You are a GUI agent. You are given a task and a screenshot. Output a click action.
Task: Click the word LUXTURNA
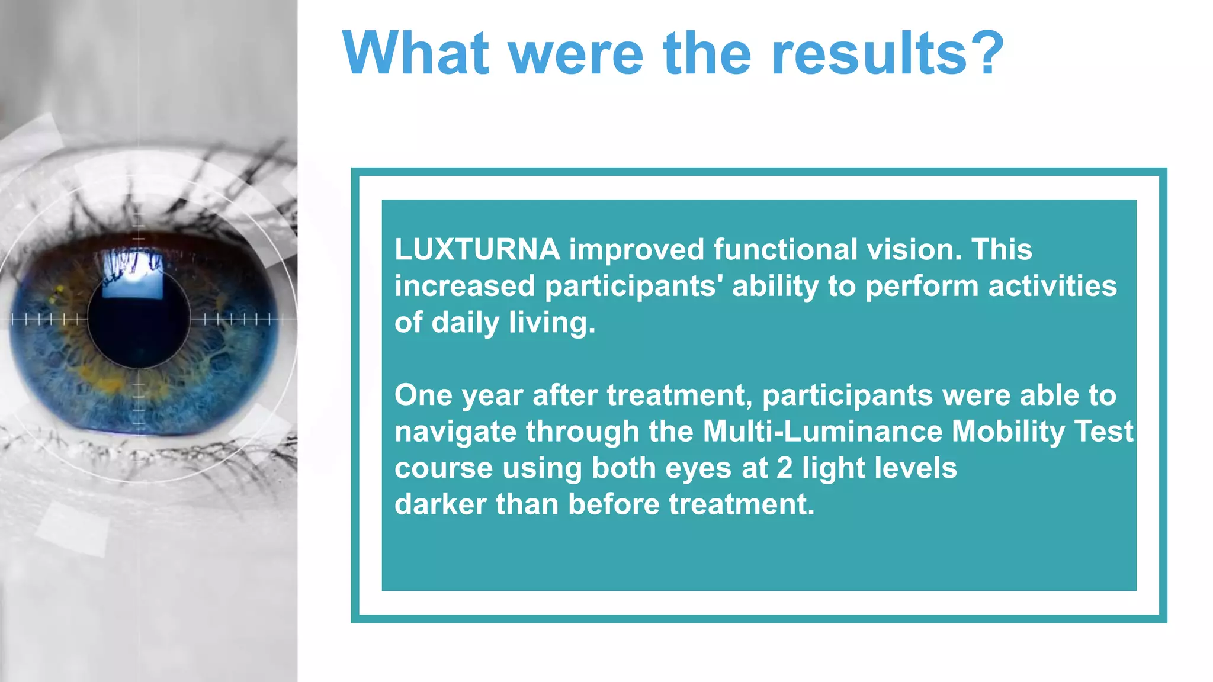477,250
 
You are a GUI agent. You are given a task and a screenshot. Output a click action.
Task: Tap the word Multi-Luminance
822,432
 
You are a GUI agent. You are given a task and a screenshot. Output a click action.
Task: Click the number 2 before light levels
784,468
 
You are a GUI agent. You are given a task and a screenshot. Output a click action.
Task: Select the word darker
439,504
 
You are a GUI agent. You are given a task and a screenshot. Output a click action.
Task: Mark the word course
443,468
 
